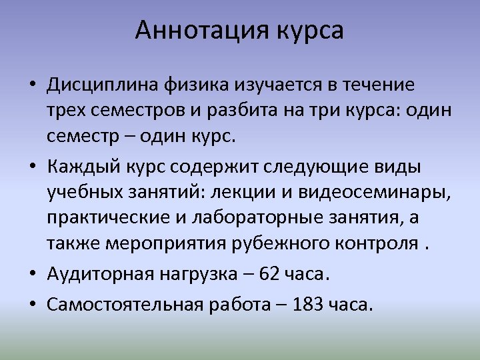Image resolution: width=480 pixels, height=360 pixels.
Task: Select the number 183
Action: [306, 304]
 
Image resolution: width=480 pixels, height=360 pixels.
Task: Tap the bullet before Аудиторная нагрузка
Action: [33, 274]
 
